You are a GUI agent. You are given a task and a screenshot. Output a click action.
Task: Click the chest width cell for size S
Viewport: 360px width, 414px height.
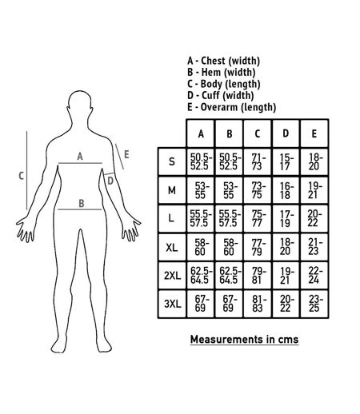pyautogui.click(x=201, y=161)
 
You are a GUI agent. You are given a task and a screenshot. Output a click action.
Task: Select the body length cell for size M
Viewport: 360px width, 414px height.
pyautogui.click(x=257, y=190)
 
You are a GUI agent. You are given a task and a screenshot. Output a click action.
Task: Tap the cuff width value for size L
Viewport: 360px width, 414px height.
pyautogui.click(x=286, y=219)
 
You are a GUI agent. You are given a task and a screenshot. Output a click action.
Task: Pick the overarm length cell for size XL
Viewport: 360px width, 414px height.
pyautogui.click(x=314, y=247)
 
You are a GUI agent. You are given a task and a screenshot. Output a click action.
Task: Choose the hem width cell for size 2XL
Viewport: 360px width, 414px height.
pyautogui.click(x=229, y=276)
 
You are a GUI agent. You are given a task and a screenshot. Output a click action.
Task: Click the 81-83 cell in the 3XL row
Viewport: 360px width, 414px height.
pyautogui.click(x=257, y=304)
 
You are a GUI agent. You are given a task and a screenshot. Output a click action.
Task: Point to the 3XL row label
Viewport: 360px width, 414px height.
pyautogui.click(x=172, y=304)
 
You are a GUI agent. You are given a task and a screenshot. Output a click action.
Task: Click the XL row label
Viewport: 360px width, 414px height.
pyautogui.click(x=172, y=248)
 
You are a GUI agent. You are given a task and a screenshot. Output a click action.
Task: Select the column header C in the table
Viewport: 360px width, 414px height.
pyautogui.click(x=258, y=133)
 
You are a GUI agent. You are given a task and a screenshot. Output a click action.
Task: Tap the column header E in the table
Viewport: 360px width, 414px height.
pyautogui.click(x=314, y=133)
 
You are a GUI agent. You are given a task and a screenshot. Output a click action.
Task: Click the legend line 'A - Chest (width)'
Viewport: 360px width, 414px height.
pyautogui.click(x=223, y=61)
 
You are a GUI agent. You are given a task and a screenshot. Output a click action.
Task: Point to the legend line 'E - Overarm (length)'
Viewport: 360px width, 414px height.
pyautogui.click(x=231, y=107)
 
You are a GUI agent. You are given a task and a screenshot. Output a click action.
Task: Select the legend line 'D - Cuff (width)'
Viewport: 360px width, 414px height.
pyautogui.click(x=220, y=95)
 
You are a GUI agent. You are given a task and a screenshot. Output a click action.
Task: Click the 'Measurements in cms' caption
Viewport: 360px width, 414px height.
pyautogui.click(x=244, y=340)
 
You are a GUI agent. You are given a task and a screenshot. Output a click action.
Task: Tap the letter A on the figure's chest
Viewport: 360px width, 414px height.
pyautogui.click(x=80, y=157)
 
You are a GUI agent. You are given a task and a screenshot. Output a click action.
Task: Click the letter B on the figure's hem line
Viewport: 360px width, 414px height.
pyautogui.click(x=82, y=204)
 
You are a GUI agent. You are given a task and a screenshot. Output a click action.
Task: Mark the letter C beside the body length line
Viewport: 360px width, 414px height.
pyautogui.click(x=22, y=176)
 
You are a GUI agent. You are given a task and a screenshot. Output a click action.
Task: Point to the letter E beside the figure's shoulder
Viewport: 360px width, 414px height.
pyautogui.click(x=126, y=154)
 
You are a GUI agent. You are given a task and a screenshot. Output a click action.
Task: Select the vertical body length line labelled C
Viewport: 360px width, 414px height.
pyautogui.click(x=26, y=170)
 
